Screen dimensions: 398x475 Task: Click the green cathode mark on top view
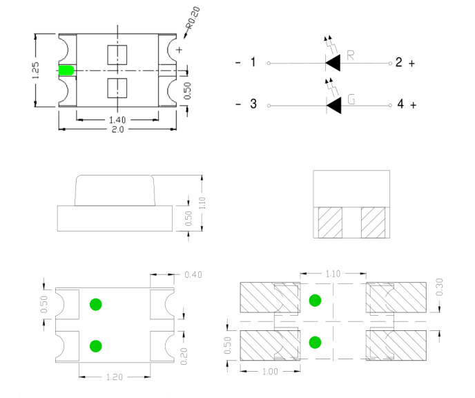click(67, 70)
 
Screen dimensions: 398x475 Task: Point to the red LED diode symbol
click(334, 64)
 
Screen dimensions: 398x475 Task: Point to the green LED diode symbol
click(334, 106)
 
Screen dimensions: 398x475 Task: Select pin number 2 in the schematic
click(398, 63)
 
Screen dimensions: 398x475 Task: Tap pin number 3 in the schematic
click(253, 105)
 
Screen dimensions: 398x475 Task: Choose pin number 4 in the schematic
click(399, 105)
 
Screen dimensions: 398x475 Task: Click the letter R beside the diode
click(351, 55)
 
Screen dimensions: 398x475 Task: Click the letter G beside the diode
click(351, 99)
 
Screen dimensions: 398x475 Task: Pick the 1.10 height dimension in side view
click(202, 203)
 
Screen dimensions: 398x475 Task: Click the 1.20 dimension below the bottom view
click(115, 377)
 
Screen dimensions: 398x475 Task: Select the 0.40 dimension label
click(193, 276)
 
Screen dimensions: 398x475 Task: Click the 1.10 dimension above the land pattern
click(333, 274)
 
